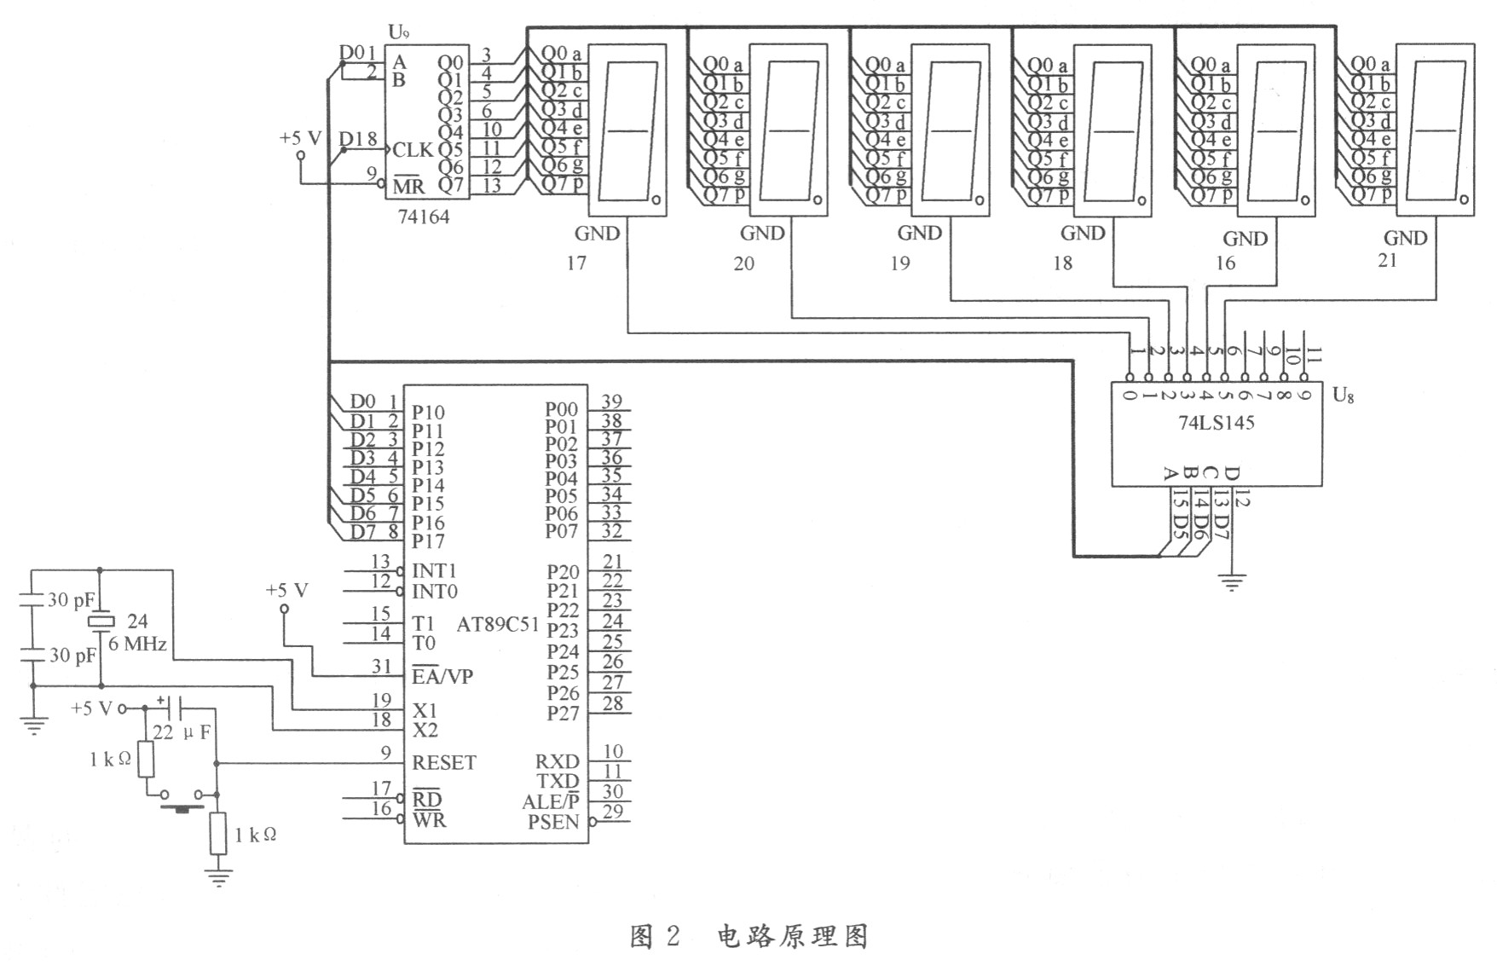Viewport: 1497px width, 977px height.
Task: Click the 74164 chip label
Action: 424,217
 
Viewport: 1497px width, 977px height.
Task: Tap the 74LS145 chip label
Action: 1217,422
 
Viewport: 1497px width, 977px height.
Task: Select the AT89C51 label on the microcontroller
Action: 498,624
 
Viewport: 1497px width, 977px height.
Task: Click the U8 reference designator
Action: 1343,395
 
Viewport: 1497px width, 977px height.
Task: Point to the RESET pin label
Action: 444,762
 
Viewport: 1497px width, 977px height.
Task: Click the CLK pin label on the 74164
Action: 413,150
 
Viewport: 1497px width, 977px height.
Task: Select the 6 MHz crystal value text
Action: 137,644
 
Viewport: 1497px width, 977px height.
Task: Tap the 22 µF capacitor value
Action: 181,732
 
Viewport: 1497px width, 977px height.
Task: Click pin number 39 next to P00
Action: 611,401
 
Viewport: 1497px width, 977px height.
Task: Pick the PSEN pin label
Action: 552,822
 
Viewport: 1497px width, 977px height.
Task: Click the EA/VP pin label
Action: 442,676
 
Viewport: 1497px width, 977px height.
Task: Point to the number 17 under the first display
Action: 576,263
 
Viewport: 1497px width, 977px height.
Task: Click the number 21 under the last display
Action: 1388,260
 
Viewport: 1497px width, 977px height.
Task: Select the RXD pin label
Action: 557,761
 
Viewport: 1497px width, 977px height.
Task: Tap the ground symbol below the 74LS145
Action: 1232,583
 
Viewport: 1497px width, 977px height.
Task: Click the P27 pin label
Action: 563,714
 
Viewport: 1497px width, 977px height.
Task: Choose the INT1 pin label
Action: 435,570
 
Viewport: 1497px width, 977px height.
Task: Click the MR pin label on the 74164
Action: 408,186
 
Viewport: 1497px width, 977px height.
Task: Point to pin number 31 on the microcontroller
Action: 381,666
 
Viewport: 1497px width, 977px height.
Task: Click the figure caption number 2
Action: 673,937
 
